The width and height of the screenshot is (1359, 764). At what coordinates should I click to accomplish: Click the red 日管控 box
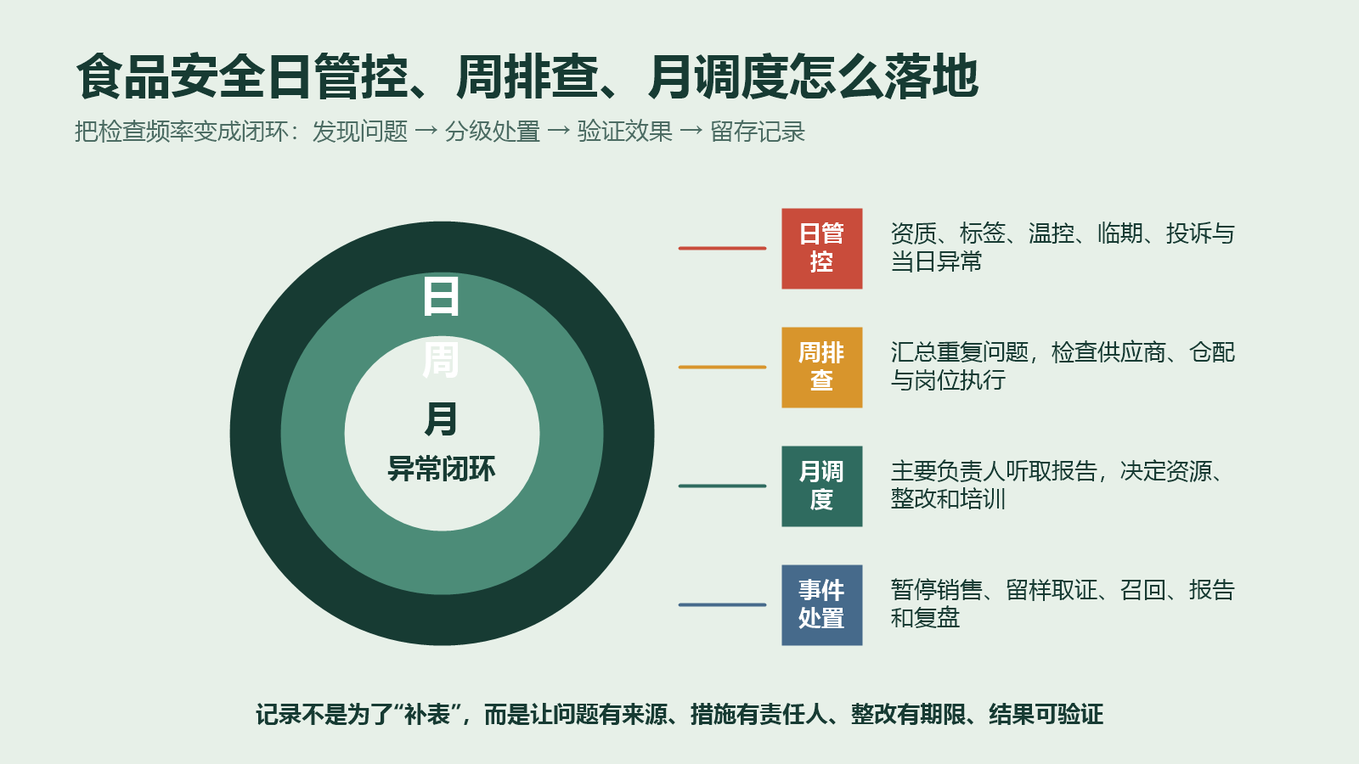coord(821,249)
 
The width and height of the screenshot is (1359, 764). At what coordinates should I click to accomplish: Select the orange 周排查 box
coord(821,368)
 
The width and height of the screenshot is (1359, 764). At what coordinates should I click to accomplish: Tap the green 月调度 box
coord(821,486)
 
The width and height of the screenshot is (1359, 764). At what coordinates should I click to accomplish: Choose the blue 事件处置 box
coord(821,605)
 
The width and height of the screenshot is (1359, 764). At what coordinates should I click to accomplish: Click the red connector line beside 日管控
coord(722,249)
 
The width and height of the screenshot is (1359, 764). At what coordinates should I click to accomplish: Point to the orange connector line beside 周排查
coord(722,368)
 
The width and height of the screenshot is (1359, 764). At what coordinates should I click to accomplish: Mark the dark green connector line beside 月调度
coord(722,486)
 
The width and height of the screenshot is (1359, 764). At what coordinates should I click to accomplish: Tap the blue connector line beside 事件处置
coord(722,605)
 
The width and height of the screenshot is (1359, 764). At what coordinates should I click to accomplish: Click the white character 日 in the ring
coord(441,296)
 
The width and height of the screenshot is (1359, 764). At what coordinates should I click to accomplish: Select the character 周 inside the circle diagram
coord(441,360)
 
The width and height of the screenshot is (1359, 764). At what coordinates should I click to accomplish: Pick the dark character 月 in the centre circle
coord(441,419)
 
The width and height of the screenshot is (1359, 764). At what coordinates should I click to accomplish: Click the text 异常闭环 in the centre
coord(442,469)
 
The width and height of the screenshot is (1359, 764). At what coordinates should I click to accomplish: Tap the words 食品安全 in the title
coord(171,76)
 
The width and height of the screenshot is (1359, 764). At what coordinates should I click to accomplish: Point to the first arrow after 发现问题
coord(426,131)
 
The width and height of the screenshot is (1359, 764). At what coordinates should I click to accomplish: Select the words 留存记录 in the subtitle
coord(758,132)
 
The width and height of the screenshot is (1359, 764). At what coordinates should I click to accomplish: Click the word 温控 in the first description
coord(1052,233)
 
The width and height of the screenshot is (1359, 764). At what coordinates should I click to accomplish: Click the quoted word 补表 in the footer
coord(427,714)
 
